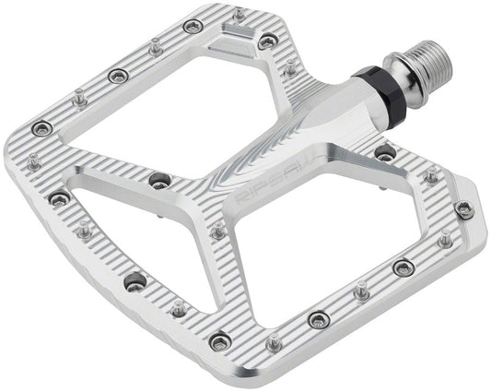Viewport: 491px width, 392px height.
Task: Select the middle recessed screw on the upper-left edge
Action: [117, 76]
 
